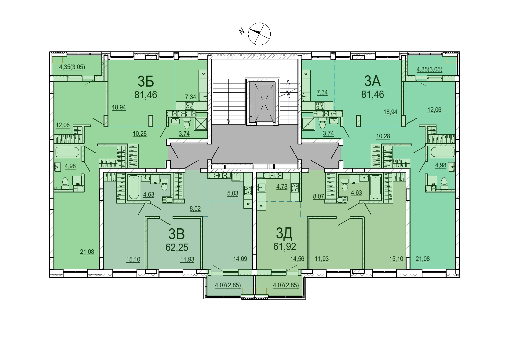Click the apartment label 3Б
146,82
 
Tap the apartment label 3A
372,81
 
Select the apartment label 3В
177,234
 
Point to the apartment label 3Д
284,233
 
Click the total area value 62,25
177,247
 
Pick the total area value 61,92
285,247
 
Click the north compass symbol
259,34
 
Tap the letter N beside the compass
242,31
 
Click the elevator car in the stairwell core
262,102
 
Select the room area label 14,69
240,259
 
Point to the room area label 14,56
297,259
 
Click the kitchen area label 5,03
232,193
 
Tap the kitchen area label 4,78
282,187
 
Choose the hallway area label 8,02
195,209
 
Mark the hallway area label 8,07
318,196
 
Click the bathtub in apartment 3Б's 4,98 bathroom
67,152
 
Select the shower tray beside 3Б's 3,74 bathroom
201,124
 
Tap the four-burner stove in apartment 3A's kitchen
319,106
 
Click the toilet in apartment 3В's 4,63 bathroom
164,185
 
